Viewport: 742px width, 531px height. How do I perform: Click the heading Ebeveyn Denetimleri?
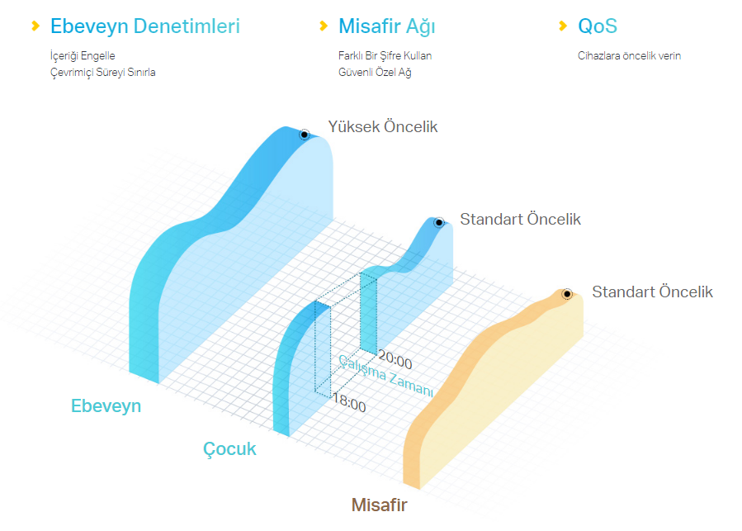click(144, 26)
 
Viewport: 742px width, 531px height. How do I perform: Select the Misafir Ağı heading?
click(386, 26)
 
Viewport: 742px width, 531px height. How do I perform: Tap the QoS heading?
click(598, 26)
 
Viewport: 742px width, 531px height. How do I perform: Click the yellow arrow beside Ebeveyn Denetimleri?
click(35, 26)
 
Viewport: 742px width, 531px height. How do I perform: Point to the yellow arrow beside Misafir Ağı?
click(324, 26)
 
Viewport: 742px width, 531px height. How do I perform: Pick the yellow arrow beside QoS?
click(563, 26)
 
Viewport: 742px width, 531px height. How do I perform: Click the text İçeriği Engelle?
click(83, 56)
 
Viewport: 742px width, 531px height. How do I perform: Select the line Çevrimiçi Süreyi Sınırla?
click(102, 73)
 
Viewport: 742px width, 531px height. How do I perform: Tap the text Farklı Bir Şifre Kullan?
click(385, 56)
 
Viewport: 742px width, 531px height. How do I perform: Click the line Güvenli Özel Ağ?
click(375, 73)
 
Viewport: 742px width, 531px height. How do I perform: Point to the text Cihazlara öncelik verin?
click(630, 56)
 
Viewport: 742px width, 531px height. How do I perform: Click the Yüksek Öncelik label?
click(383, 127)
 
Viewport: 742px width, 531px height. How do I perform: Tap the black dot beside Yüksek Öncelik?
click(305, 135)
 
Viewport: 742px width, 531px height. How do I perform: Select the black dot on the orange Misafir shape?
click(566, 294)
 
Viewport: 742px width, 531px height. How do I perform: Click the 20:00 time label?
click(395, 360)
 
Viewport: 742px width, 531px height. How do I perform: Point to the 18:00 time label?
click(349, 403)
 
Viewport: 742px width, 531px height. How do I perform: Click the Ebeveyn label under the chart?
click(106, 406)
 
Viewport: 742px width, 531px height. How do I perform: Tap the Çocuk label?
click(229, 448)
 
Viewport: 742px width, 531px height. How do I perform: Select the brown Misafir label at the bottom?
click(379, 505)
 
